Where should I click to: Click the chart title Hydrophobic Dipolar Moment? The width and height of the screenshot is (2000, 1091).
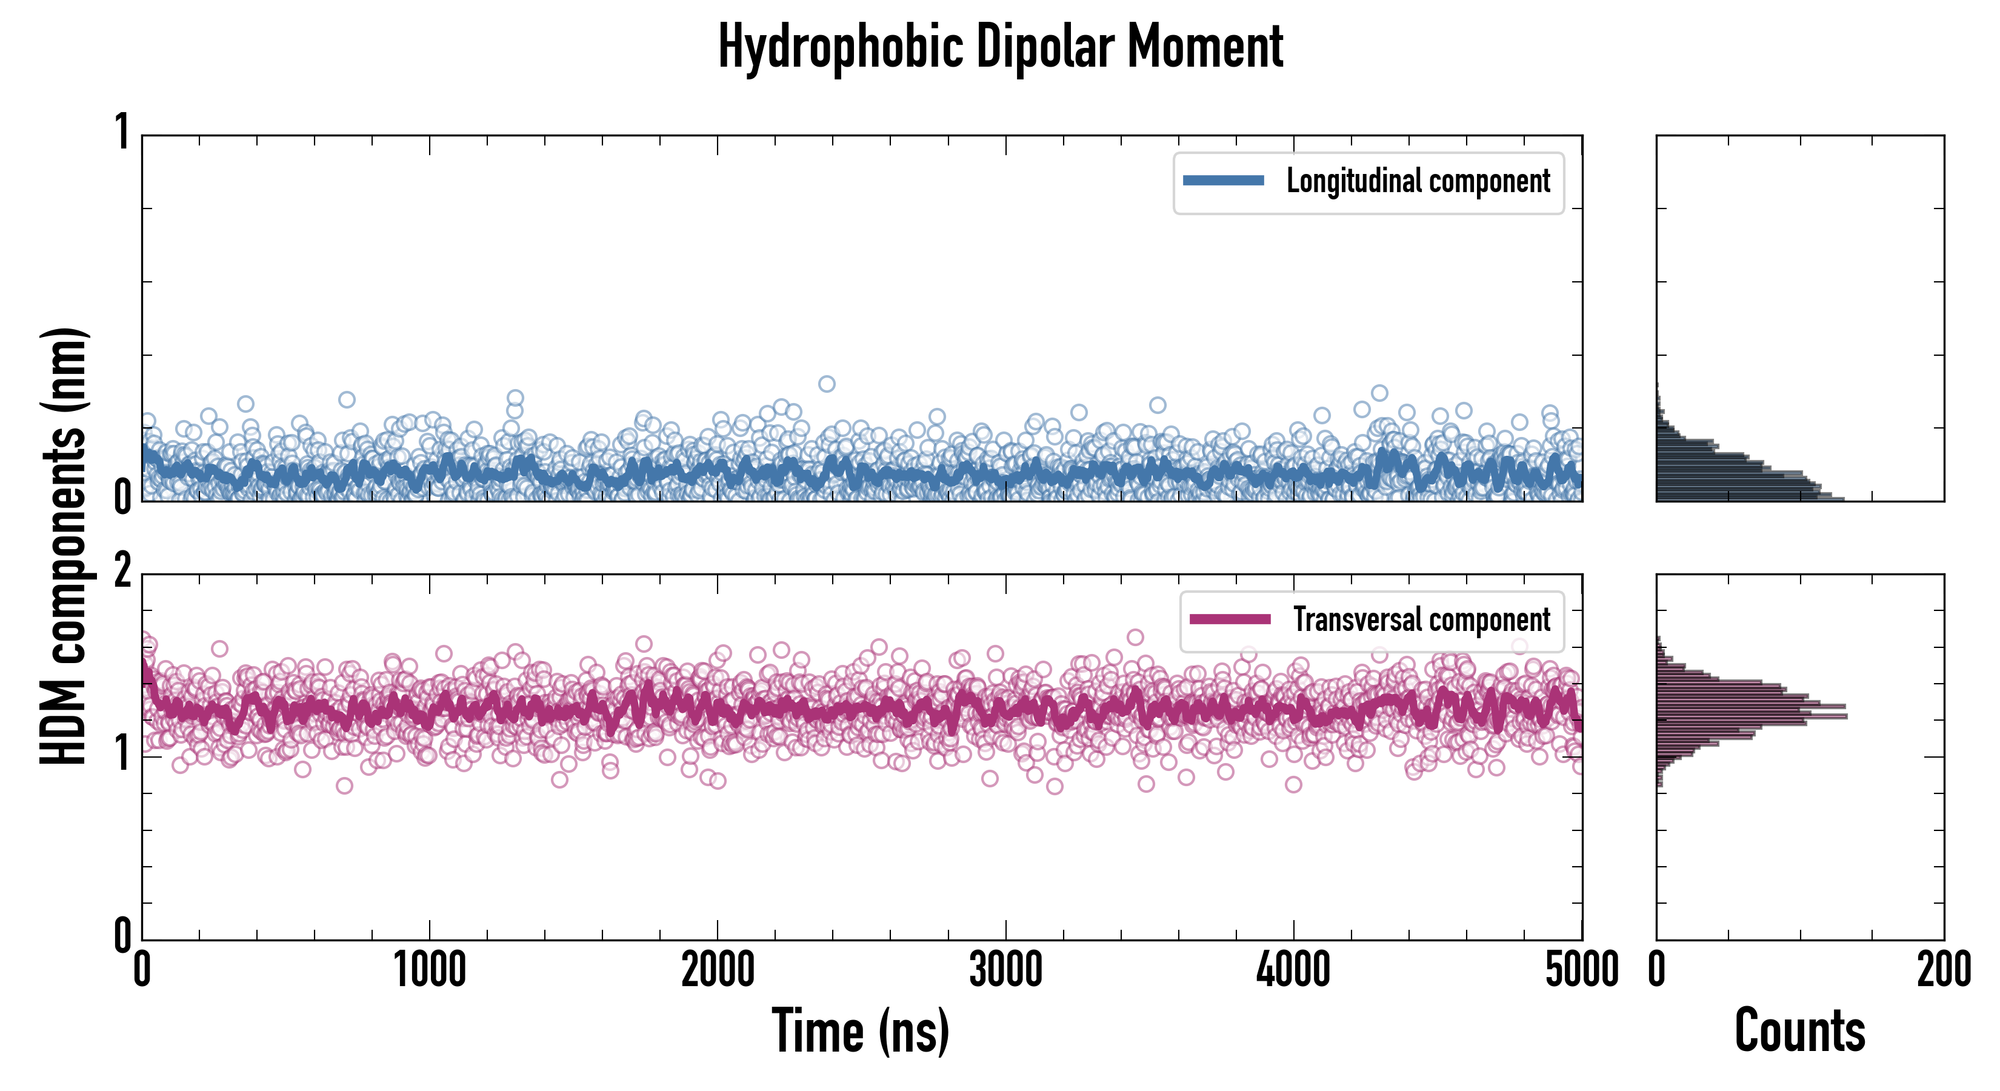click(1000, 47)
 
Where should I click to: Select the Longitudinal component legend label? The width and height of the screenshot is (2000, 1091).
click(1418, 181)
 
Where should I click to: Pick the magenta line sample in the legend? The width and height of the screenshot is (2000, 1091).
click(1230, 619)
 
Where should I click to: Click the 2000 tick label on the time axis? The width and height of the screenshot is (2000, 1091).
click(718, 970)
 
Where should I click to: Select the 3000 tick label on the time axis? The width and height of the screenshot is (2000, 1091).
click(1006, 970)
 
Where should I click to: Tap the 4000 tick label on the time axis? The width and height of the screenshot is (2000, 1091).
click(1293, 970)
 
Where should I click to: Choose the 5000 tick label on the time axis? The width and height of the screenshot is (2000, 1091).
click(1582, 970)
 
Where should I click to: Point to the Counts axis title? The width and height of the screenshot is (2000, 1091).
click(1799, 1031)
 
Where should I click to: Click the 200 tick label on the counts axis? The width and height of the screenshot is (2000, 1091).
click(1943, 970)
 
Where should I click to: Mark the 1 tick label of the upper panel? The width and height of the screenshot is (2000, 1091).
click(122, 133)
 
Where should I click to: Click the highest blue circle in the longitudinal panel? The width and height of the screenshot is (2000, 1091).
click(827, 384)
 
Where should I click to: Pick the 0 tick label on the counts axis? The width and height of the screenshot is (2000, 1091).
click(1657, 970)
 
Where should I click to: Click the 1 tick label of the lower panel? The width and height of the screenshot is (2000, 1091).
click(122, 755)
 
